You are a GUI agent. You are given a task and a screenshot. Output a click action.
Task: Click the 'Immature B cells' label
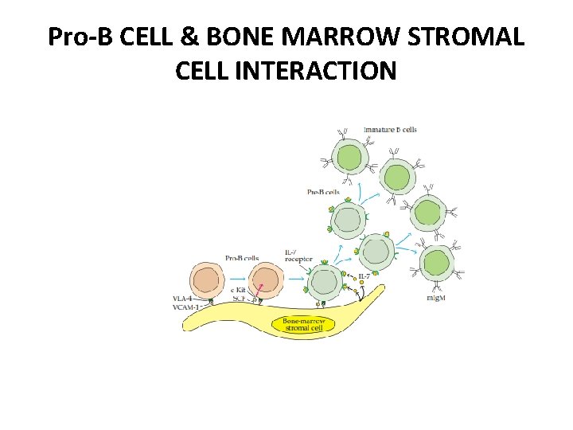tap(390, 130)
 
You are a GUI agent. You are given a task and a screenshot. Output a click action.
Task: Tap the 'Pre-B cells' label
tap(323, 192)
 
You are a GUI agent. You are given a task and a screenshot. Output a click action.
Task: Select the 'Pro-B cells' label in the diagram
tap(242, 257)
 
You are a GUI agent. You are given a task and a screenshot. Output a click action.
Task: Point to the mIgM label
tap(436, 296)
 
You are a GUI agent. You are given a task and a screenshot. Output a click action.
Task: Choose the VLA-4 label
tap(183, 299)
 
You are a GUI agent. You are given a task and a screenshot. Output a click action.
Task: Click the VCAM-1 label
tap(185, 307)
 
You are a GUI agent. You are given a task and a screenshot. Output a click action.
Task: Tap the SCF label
tap(238, 297)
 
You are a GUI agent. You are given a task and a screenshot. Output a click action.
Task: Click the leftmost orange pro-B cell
tap(206, 282)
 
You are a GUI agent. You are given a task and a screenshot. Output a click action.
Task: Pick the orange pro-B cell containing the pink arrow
tap(263, 282)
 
